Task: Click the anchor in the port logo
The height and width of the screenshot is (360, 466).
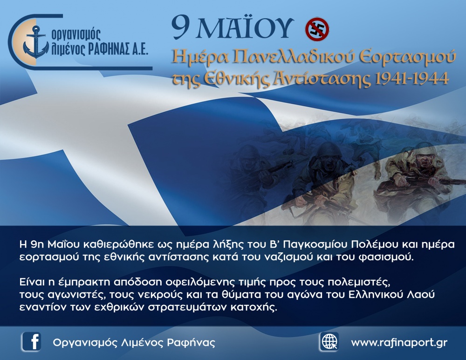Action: tap(36, 41)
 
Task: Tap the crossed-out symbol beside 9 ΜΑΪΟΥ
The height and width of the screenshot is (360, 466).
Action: tap(317, 29)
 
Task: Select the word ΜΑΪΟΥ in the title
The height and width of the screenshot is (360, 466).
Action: tap(248, 29)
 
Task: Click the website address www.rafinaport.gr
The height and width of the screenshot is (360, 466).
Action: tap(399, 343)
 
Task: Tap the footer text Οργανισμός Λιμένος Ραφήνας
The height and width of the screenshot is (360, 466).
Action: tap(134, 343)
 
